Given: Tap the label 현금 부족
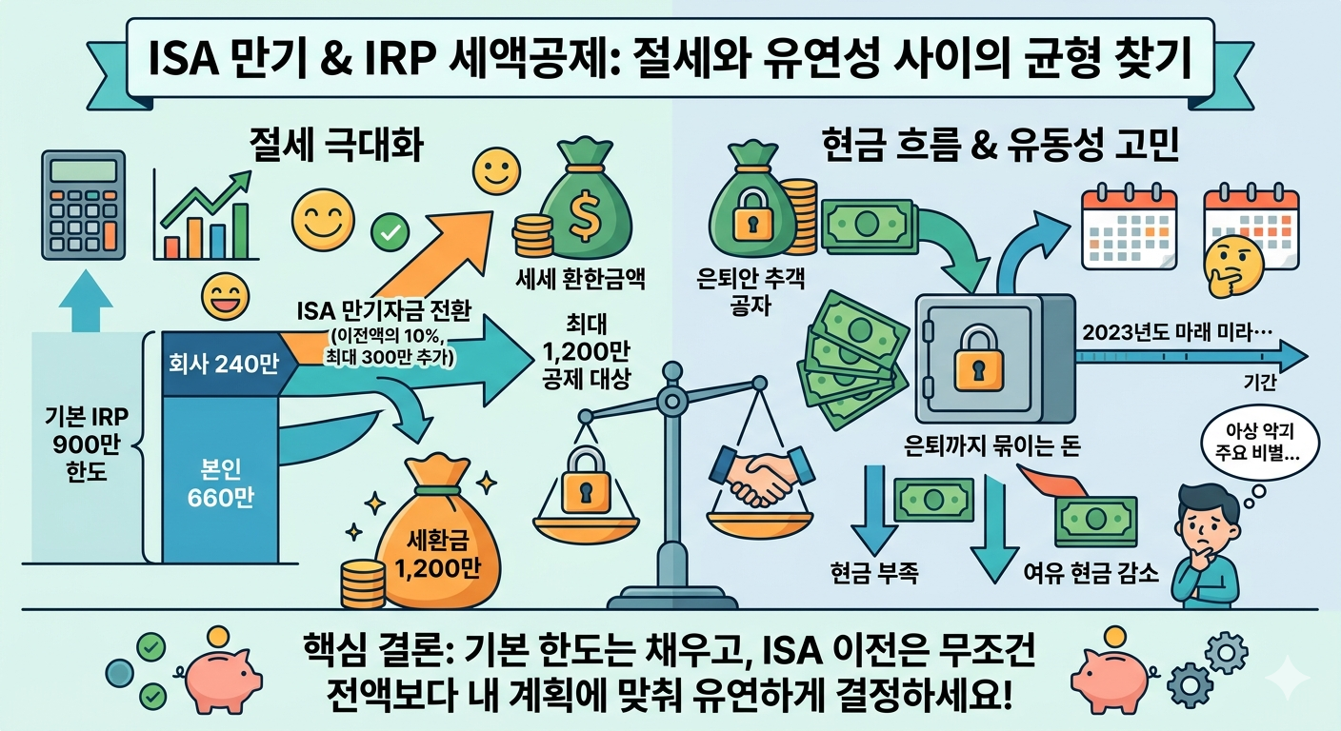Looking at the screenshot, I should pos(874,573).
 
